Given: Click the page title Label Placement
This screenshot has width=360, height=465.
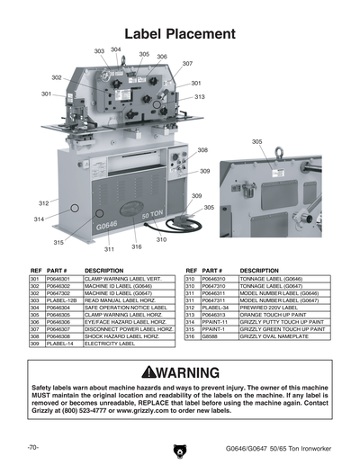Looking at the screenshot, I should pos(180,33).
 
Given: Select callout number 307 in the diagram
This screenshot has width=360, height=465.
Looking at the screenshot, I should pos(187,64).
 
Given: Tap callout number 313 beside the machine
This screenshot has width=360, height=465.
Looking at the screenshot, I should pos(199,96).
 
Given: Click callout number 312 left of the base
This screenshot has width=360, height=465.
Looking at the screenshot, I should pos(43,203).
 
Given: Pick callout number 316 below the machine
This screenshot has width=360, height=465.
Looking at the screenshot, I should pos(137,246).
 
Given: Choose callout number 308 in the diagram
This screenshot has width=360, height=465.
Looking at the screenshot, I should pos(202,150).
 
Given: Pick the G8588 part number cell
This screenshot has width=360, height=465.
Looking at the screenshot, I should pos(210,335).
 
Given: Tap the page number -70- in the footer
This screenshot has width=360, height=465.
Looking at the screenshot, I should pos(32,447).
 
